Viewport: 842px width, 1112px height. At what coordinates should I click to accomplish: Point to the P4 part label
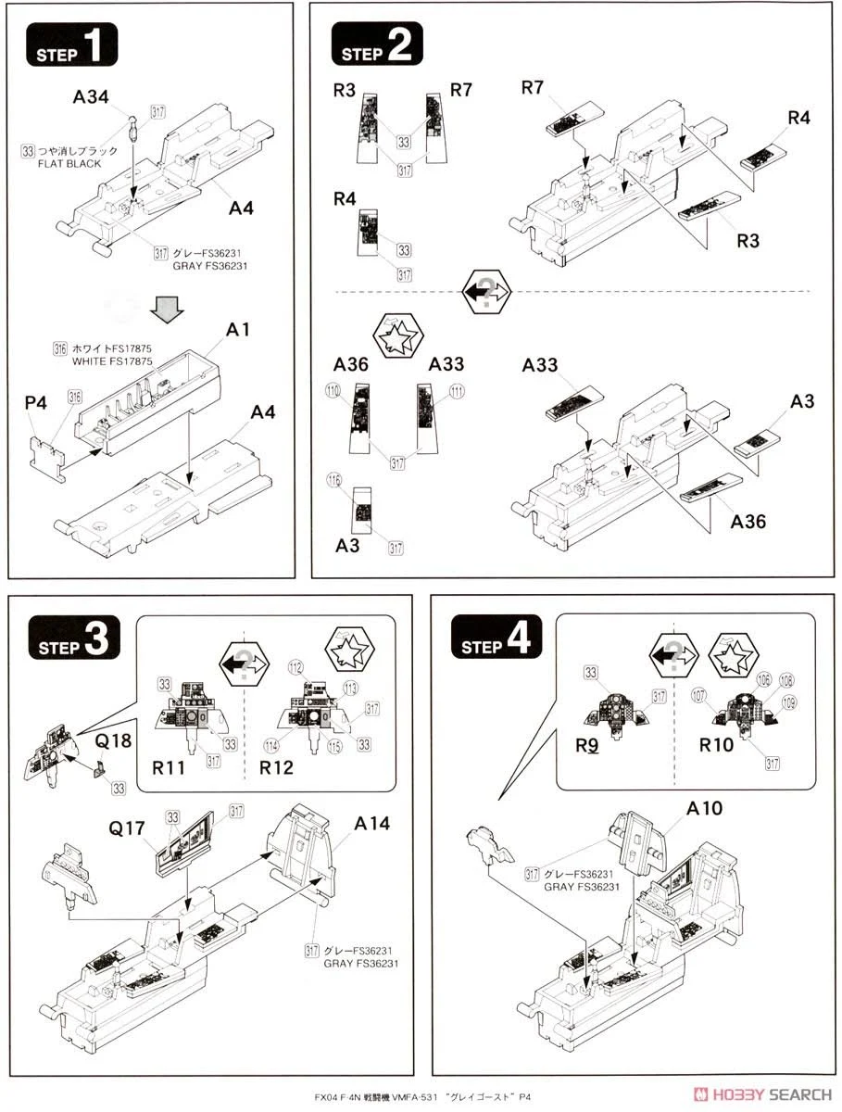coord(35,405)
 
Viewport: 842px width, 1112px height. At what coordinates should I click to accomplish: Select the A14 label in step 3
coord(371,823)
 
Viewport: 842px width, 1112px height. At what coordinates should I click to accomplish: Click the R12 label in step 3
coord(277,768)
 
